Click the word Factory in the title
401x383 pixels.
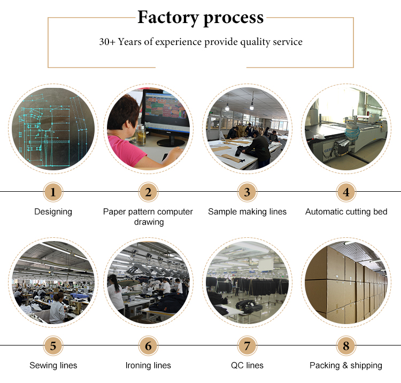(x=168, y=18)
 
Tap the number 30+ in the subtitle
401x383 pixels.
(x=107, y=42)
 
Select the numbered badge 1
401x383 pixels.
(x=53, y=192)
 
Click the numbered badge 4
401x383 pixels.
(x=346, y=192)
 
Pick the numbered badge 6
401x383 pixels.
(x=148, y=346)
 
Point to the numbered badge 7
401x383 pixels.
(x=247, y=346)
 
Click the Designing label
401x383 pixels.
(x=53, y=212)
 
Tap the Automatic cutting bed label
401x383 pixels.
(x=346, y=212)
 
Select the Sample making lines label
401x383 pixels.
(x=248, y=212)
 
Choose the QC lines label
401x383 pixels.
(x=247, y=365)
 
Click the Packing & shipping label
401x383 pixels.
(x=346, y=365)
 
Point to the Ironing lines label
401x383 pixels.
(x=148, y=365)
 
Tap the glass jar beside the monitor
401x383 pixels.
(x=141, y=135)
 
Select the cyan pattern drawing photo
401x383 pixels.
(x=53, y=129)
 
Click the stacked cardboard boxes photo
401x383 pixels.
(x=346, y=282)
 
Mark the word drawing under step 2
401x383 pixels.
(x=149, y=222)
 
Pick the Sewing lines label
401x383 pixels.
(x=53, y=365)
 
